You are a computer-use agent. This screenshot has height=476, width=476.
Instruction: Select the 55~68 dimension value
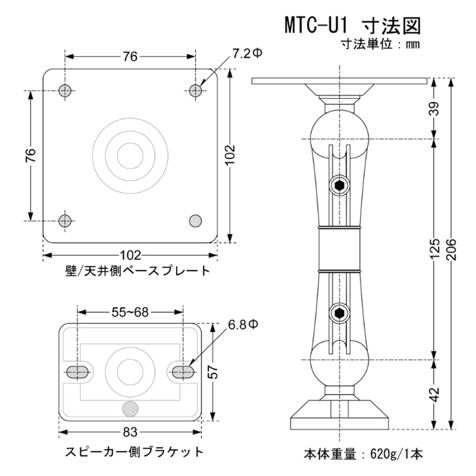point(130,312)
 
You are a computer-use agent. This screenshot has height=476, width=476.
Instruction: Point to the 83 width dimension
point(130,432)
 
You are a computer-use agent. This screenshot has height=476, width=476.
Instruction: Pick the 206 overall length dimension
point(450,253)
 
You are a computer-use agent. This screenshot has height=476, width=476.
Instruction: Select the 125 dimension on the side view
point(434,250)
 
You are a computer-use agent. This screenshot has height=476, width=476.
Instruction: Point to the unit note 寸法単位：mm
point(380,45)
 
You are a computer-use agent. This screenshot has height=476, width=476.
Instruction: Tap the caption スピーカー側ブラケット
point(134,451)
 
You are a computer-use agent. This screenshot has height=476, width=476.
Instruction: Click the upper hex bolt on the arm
point(339,186)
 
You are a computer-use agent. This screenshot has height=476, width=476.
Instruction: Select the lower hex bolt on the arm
point(339,313)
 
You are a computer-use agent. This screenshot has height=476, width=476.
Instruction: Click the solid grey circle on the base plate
point(196,220)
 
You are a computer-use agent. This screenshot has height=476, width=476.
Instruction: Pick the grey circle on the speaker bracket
point(130,409)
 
